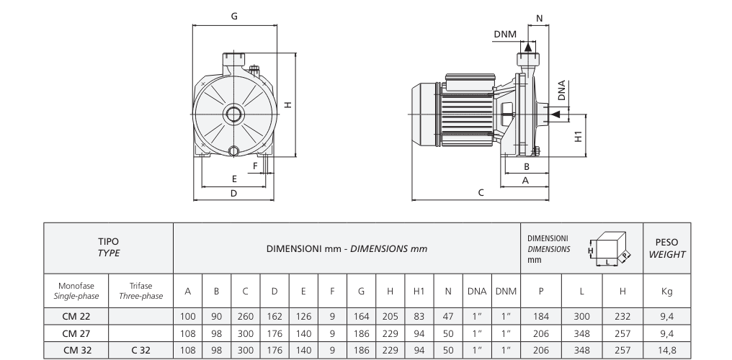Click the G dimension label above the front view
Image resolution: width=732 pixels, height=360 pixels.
[234, 16]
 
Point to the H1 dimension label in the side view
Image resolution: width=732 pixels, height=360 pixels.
[579, 135]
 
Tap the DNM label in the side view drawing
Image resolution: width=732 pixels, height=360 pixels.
[505, 34]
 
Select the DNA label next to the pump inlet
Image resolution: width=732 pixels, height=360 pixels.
[561, 91]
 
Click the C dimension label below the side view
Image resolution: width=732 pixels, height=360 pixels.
[481, 192]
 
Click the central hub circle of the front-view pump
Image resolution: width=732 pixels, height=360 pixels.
[233, 114]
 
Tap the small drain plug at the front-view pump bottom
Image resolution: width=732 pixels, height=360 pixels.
[233, 150]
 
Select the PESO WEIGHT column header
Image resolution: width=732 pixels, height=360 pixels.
[666, 248]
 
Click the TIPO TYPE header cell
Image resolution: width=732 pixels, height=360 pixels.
[109, 248]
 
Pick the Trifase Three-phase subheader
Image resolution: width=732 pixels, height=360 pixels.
[140, 291]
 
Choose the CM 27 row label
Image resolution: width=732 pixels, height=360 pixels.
[76, 333]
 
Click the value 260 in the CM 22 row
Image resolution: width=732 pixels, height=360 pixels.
[245, 316]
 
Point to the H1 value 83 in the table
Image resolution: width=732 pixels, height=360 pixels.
[419, 316]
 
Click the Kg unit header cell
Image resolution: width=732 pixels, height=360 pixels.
[666, 291]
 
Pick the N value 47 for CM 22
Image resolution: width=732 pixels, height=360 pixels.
[448, 316]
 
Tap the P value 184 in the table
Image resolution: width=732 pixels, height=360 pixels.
[540, 316]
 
